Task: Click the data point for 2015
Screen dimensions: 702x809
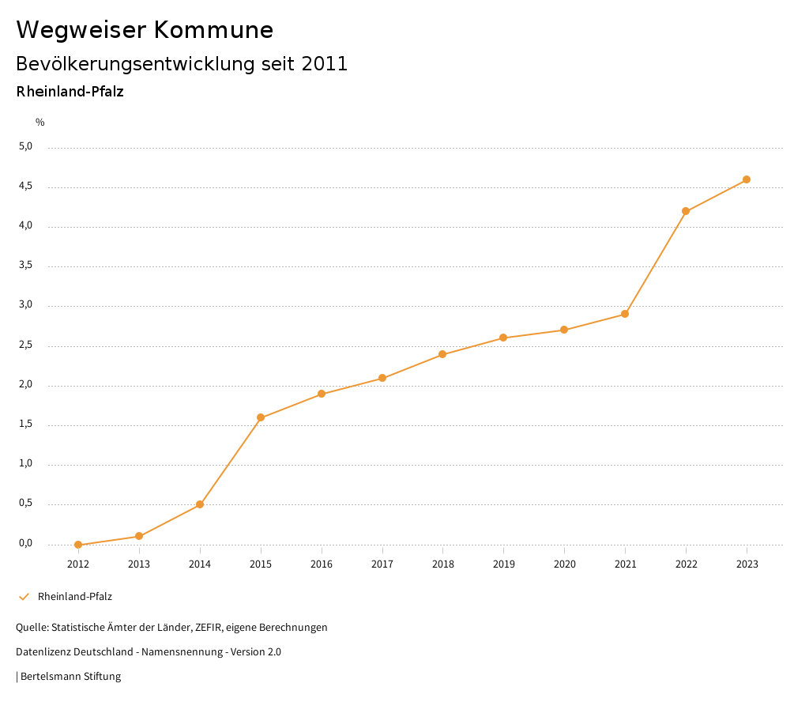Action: pyautogui.click(x=261, y=417)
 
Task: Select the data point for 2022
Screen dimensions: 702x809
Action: pyautogui.click(x=686, y=211)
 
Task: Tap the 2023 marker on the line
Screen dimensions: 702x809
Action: pyautogui.click(x=747, y=179)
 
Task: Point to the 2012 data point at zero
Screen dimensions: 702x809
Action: pyautogui.click(x=78, y=545)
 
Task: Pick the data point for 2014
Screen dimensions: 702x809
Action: pyautogui.click(x=200, y=504)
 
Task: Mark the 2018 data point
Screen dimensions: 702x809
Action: pyautogui.click(x=442, y=354)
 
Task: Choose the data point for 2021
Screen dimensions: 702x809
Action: pyautogui.click(x=625, y=314)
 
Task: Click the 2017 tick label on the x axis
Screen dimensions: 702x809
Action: pyautogui.click(x=382, y=564)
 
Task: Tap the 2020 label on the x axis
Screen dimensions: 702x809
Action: pyautogui.click(x=564, y=564)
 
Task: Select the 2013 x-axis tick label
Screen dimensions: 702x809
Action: pyautogui.click(x=139, y=564)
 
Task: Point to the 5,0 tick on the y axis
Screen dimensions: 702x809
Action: pyautogui.click(x=27, y=146)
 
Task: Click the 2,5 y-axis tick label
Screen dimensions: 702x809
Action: pyautogui.click(x=27, y=345)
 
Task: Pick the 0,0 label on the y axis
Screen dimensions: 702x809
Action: pyautogui.click(x=27, y=543)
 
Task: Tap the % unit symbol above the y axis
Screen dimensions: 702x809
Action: pyautogui.click(x=40, y=123)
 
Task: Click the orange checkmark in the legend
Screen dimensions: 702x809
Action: pyautogui.click(x=24, y=597)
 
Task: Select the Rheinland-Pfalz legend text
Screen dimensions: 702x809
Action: pyautogui.click(x=75, y=597)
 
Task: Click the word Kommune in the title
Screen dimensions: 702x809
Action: pyautogui.click(x=213, y=30)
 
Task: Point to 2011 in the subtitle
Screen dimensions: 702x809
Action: pyautogui.click(x=325, y=64)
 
